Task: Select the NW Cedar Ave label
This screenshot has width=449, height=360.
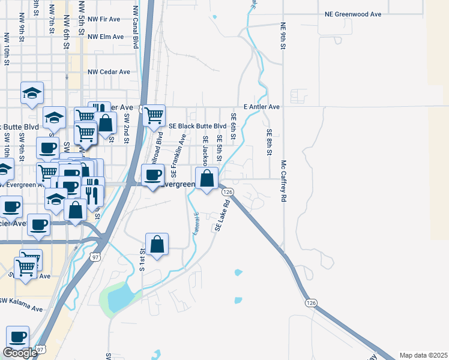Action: (109, 72)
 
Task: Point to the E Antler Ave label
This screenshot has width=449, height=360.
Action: (262, 107)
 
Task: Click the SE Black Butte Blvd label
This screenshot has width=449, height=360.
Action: (197, 127)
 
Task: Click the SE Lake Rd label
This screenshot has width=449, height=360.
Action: (223, 215)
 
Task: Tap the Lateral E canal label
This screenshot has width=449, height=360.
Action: (196, 223)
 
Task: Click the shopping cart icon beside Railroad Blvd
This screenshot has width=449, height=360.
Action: (154, 115)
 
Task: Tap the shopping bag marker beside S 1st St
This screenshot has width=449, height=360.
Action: (157, 244)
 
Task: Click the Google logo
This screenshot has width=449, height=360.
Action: (20, 353)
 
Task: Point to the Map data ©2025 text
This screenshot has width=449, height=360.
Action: (423, 355)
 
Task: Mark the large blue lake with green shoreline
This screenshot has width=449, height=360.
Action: (120, 298)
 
